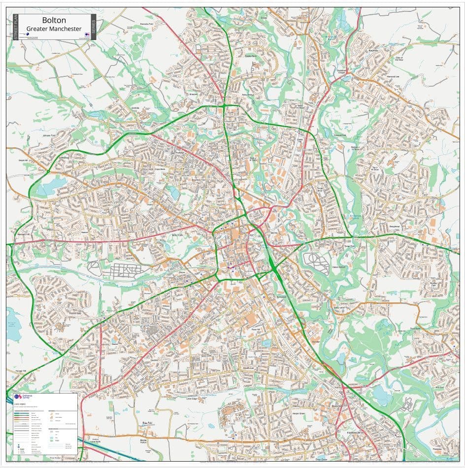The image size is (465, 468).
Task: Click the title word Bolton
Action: coord(54,20)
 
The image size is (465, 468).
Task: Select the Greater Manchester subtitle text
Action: coord(54,29)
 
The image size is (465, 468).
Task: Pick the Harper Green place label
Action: coord(299,413)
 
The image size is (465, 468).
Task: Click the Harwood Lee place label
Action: coord(393,76)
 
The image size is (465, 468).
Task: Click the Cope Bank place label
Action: coord(160,169)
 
